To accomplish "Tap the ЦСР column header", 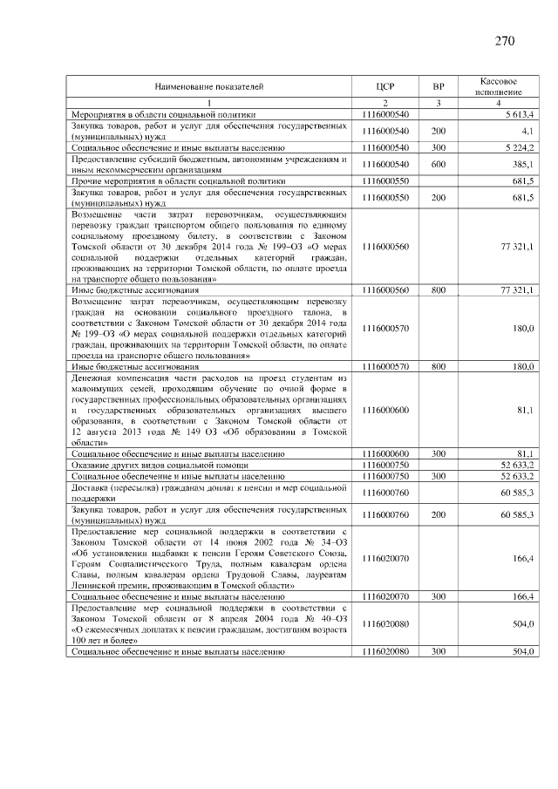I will point(386,87).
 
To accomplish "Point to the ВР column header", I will point(439,87).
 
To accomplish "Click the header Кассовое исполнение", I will point(500,86).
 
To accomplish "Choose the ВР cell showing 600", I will point(439,164).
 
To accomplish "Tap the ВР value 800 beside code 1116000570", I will point(439,367).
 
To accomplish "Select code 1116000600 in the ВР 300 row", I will point(386,454).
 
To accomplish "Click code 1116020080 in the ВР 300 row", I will point(386,651).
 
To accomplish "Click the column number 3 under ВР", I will point(439,104).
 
